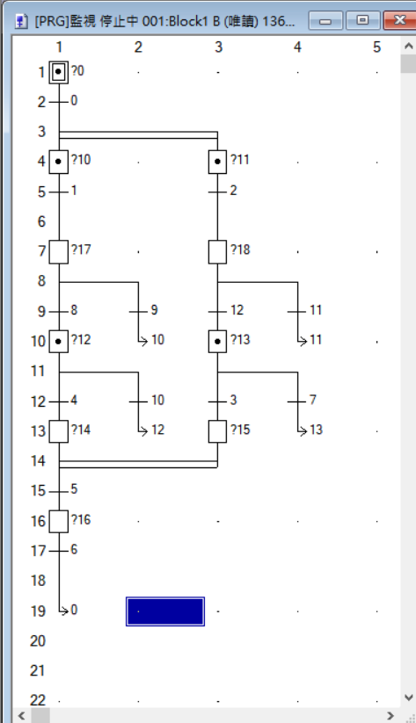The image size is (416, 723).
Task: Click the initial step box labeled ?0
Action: [59, 72]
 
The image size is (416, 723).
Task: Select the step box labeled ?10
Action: [59, 162]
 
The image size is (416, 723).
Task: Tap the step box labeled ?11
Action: [217, 162]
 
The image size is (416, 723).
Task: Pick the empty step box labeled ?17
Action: [59, 252]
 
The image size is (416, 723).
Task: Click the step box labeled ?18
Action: [217, 252]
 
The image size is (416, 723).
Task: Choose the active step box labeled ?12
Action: [59, 342]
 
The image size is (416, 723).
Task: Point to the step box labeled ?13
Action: [217, 342]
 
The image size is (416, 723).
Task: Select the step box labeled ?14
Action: [59, 431]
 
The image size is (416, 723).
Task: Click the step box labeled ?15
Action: [217, 431]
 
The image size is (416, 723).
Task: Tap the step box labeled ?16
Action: [59, 522]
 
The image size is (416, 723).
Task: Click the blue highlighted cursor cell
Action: [165, 611]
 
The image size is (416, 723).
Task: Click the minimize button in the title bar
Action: [325, 21]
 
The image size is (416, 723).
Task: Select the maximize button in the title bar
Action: [363, 21]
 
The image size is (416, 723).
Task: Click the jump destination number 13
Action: [316, 430]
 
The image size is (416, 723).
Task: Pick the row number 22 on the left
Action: [38, 700]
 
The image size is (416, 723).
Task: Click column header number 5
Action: [376, 47]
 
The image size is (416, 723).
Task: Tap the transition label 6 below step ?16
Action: [74, 549]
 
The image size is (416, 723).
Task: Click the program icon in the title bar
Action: [21, 21]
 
